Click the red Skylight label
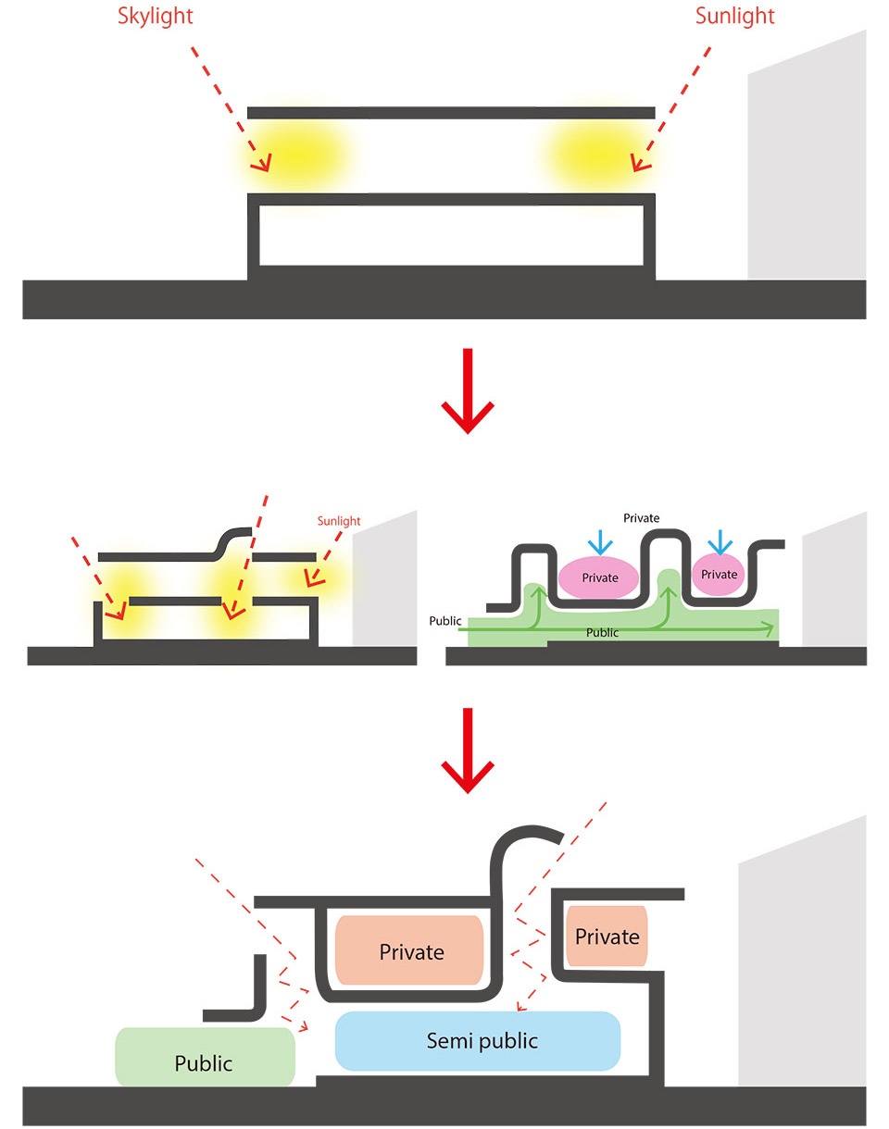[x=155, y=17]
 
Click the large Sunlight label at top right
[x=734, y=17]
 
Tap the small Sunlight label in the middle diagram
[x=339, y=521]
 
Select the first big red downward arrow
[x=468, y=391]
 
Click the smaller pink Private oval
[x=719, y=575]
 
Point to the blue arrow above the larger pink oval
[x=600, y=542]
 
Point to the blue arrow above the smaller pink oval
[x=720, y=542]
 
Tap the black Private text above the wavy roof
[x=641, y=518]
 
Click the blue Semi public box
[x=477, y=1041]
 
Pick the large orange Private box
[x=409, y=950]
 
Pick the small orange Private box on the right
[x=607, y=936]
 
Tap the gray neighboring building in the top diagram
[x=807, y=155]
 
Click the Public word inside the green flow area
[x=602, y=633]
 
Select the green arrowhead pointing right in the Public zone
[x=769, y=628]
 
